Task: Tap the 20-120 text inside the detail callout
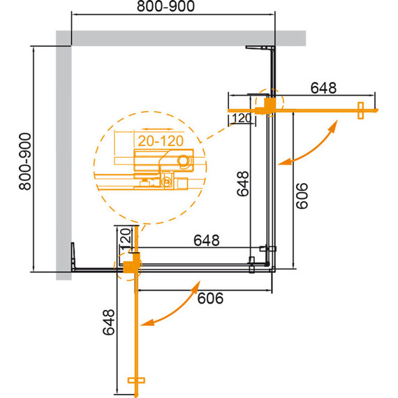pyautogui.click(x=161, y=140)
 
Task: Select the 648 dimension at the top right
pyautogui.click(x=323, y=88)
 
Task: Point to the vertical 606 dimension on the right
pyautogui.click(x=301, y=196)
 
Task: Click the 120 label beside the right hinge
pyautogui.click(x=242, y=119)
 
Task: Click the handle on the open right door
pyautogui.click(x=361, y=110)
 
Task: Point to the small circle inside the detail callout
pyautogui.click(x=184, y=161)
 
